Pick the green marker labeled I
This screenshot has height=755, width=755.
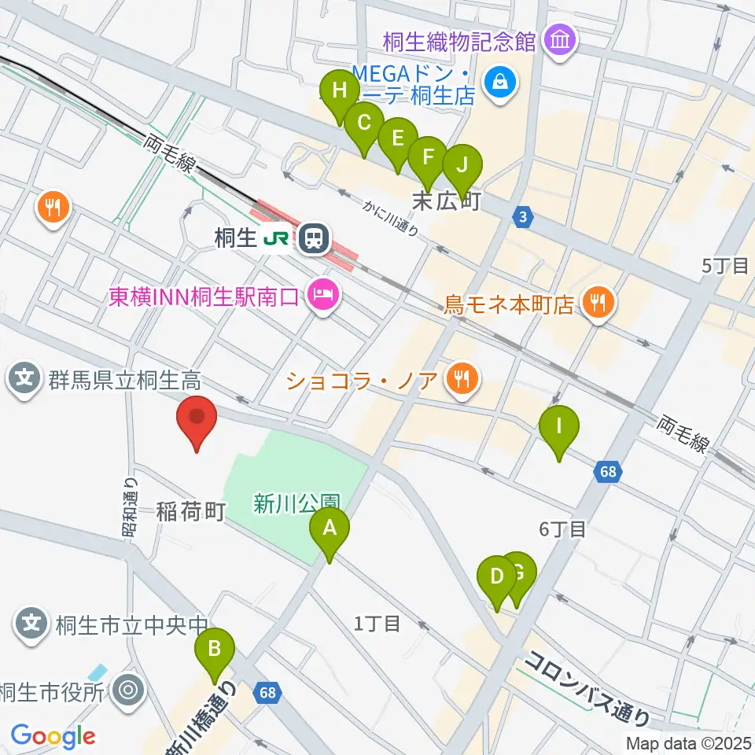pos(559,429)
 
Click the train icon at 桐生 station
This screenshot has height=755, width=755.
pos(314,237)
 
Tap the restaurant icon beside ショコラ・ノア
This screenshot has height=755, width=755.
pos(459,381)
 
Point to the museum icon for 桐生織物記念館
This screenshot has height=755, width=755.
pos(560,38)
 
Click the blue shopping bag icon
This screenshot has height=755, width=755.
pos(498,79)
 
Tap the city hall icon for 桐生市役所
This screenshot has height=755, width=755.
pos(128,691)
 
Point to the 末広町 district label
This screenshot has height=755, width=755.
pos(447,202)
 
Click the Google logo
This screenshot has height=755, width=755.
pos(52,736)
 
